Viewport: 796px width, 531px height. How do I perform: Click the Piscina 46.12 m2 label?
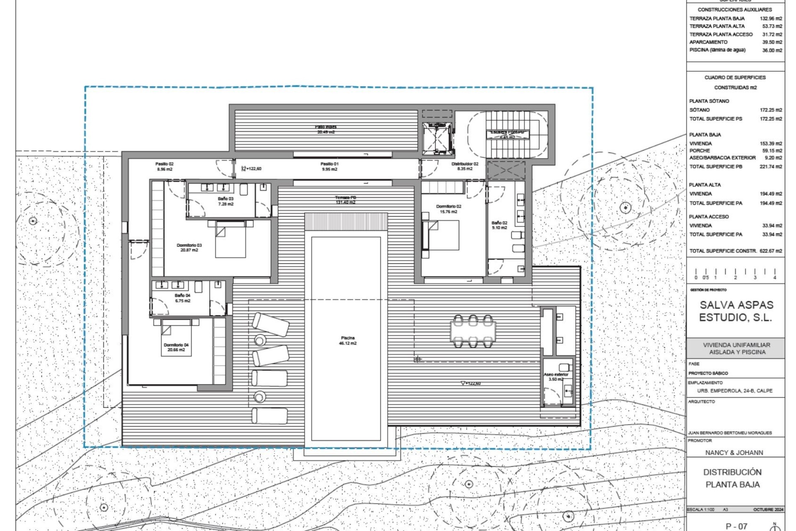(x=347, y=341)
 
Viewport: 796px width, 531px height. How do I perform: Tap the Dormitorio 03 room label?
(x=189, y=248)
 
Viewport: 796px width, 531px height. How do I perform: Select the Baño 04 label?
(x=182, y=298)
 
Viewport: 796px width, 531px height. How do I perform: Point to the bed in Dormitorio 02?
(x=442, y=235)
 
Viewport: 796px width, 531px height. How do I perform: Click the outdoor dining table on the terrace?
(x=473, y=331)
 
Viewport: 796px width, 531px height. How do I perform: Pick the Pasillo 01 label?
(x=329, y=166)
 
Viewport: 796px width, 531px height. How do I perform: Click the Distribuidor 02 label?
(x=465, y=166)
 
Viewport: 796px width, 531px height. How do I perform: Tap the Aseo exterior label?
(x=556, y=377)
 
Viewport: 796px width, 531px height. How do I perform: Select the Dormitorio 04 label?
(x=176, y=347)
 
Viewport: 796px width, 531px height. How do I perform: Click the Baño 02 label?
(x=499, y=225)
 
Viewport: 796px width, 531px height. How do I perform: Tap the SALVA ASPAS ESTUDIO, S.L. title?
(x=736, y=311)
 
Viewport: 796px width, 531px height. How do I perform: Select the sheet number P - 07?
(x=736, y=526)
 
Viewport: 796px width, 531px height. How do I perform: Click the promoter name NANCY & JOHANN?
(x=734, y=453)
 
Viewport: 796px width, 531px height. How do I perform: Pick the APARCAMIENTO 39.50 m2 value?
(x=772, y=42)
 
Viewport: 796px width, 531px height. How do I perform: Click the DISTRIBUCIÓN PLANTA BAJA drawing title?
(x=733, y=478)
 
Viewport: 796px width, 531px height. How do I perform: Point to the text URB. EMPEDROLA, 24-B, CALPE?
(x=735, y=391)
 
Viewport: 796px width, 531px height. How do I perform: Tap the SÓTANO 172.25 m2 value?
(x=771, y=110)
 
